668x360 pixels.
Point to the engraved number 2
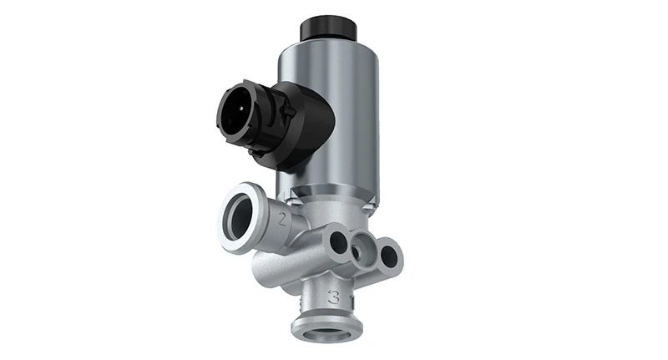coord(283,221)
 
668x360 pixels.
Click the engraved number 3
coord(333,297)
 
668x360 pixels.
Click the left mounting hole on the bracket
coord(338,241)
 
